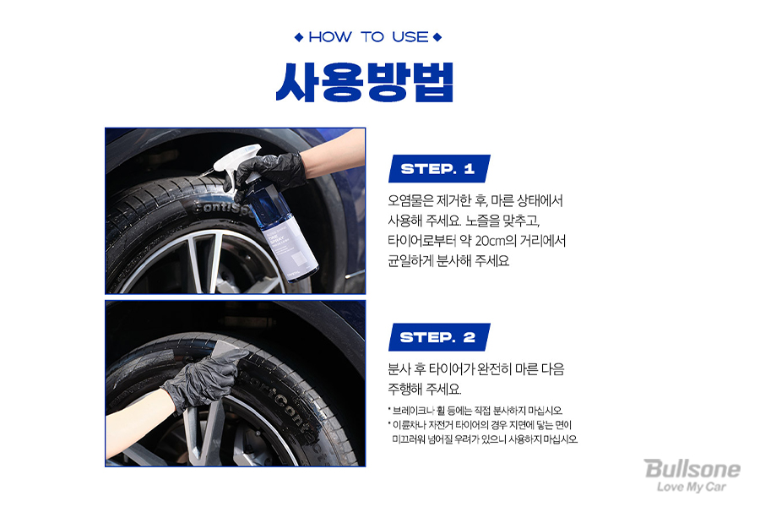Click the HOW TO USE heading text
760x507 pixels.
pyautogui.click(x=368, y=37)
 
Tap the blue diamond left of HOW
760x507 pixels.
pyautogui.click(x=299, y=37)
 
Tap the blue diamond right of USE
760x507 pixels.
pyautogui.click(x=437, y=37)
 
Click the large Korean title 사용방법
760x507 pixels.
pyautogui.click(x=365, y=82)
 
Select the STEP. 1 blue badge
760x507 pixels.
pyautogui.click(x=438, y=169)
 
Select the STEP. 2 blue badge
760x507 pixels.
pyautogui.click(x=438, y=337)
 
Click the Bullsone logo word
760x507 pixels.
pyautogui.click(x=692, y=469)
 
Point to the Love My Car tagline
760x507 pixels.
pyautogui.click(x=691, y=487)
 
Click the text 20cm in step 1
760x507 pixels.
pyautogui.click(x=490, y=241)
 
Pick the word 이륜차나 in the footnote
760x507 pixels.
pyautogui.click(x=409, y=425)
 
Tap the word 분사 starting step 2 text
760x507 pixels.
pyautogui.click(x=399, y=369)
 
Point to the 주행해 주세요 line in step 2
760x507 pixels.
pyautogui.click(x=425, y=389)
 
